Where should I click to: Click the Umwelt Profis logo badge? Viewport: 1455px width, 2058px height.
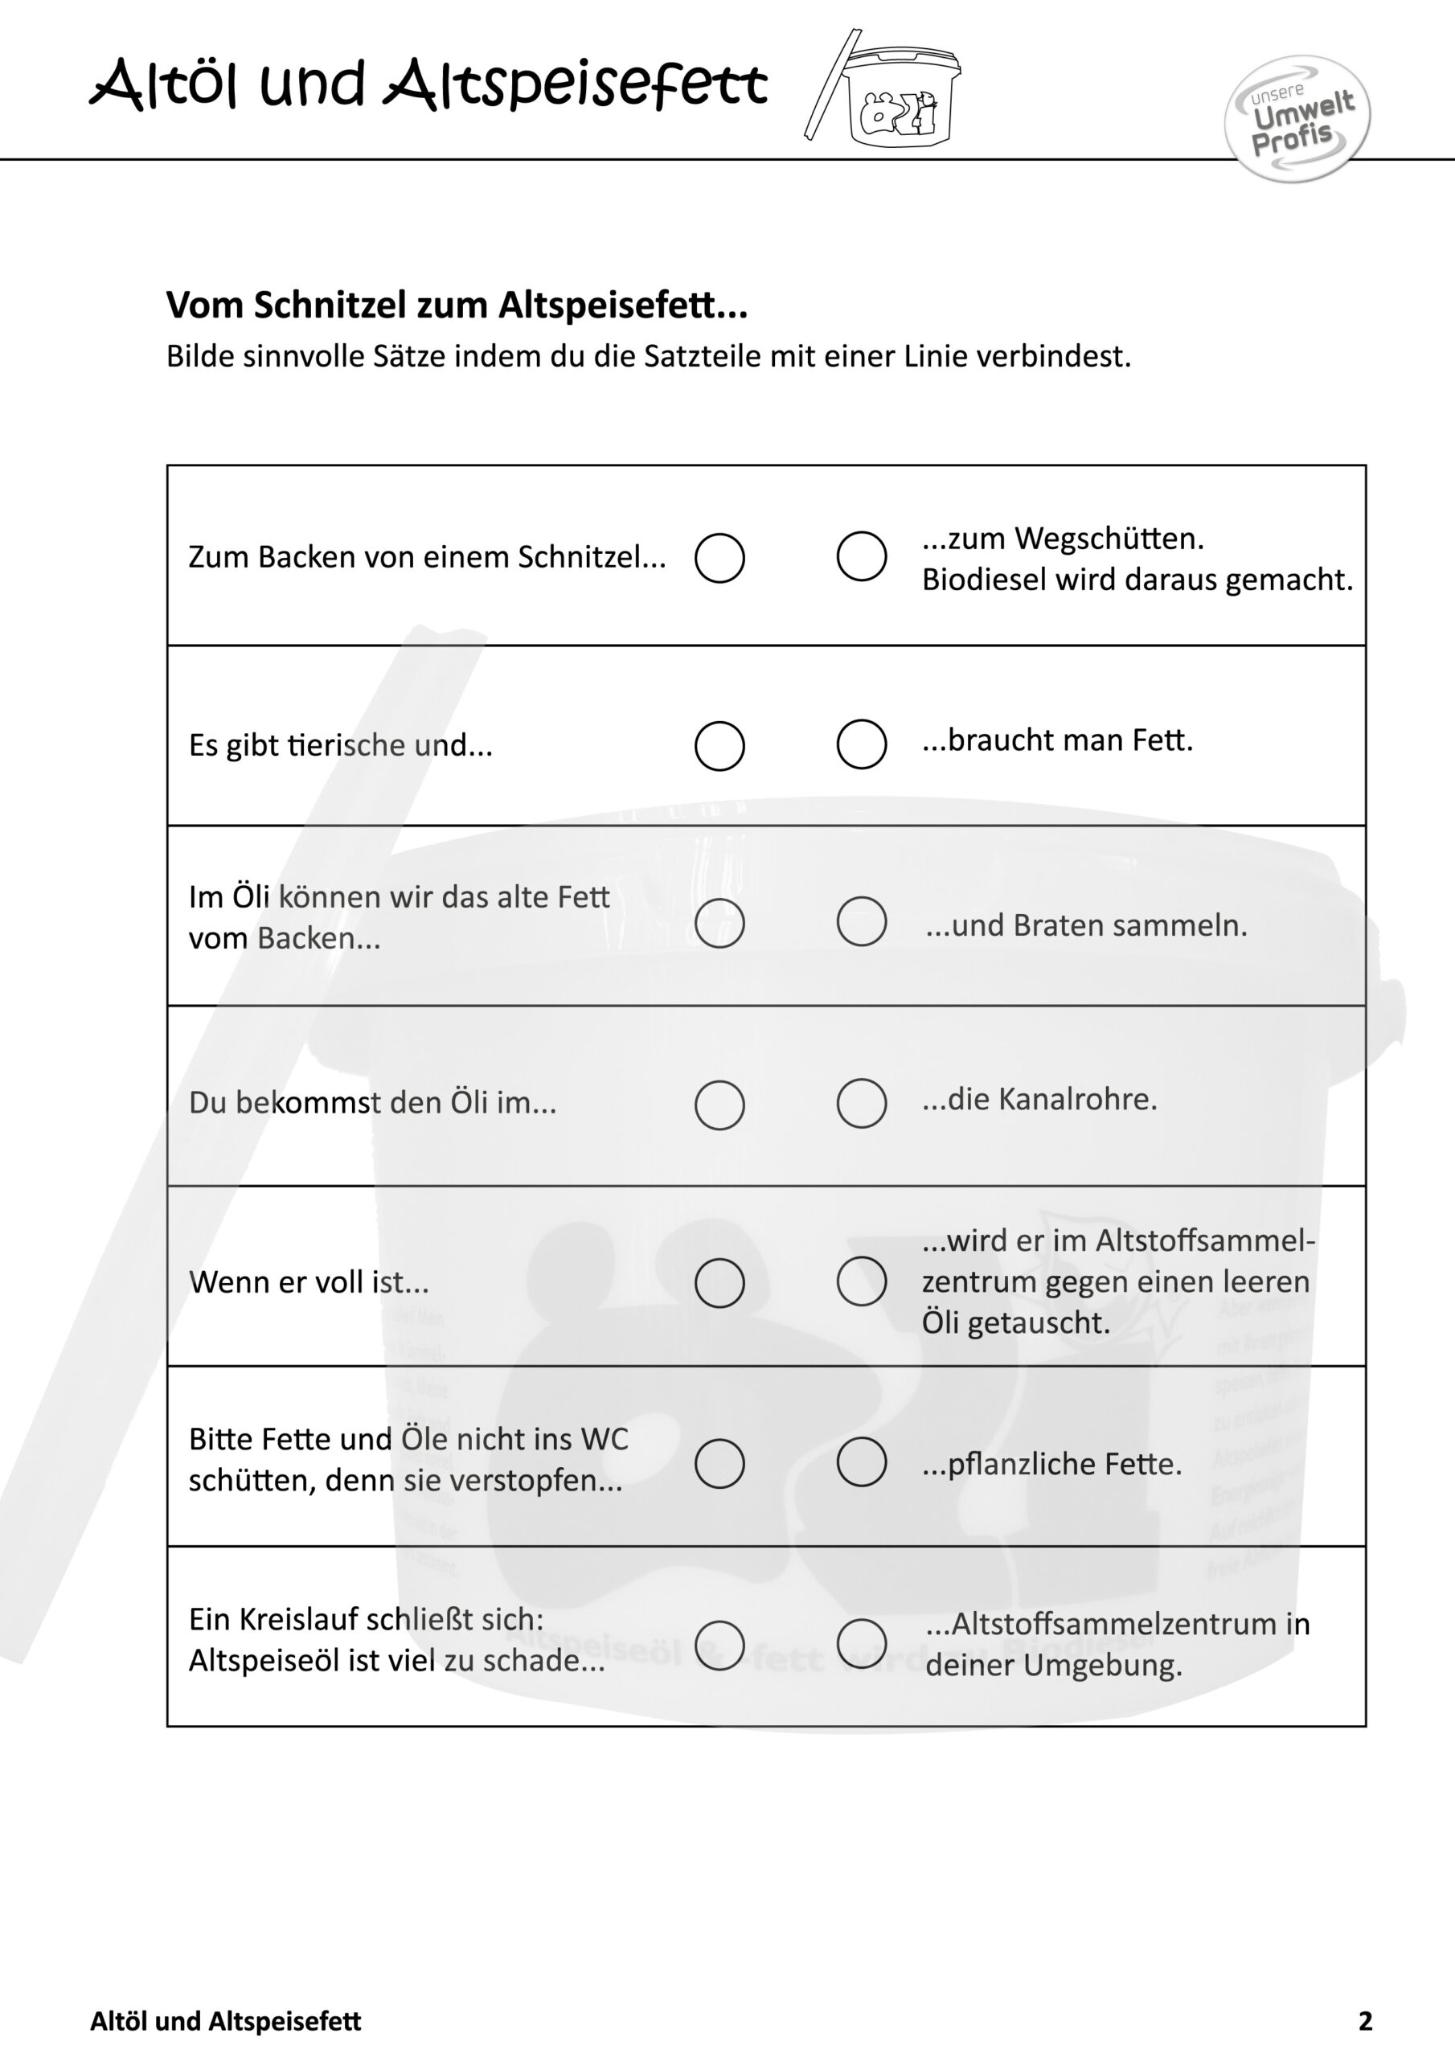point(1297,119)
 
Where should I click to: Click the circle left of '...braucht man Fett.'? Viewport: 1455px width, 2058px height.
point(862,744)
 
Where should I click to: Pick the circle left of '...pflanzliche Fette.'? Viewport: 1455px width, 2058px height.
point(862,1462)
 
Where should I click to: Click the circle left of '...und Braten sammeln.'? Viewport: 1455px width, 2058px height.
point(862,921)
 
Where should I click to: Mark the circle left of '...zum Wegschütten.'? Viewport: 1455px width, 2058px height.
point(862,555)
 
